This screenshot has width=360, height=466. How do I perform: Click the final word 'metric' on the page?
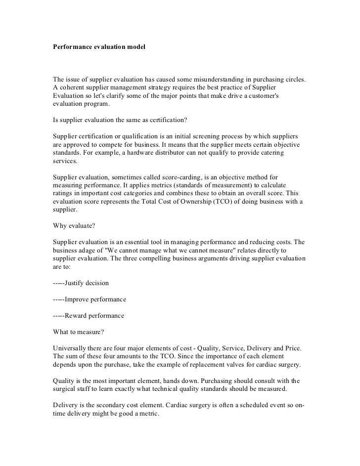click(146, 414)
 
